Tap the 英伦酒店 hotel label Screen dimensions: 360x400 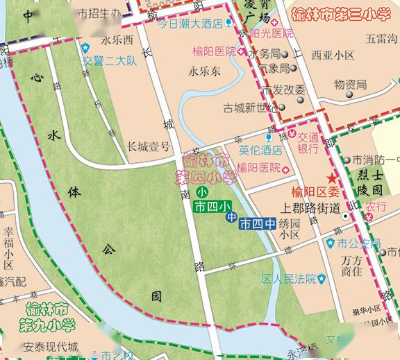tap(260, 149)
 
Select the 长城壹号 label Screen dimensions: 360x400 tap(148, 146)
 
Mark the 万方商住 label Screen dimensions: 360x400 tap(353, 266)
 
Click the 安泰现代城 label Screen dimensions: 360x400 tap(50, 347)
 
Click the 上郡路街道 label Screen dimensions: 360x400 tap(310, 207)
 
